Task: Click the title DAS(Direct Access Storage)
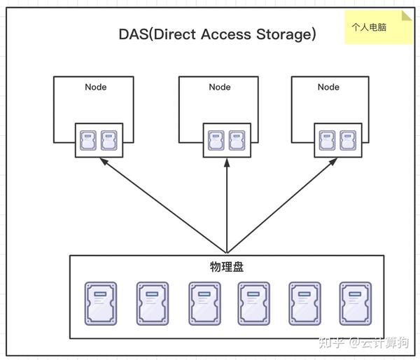pyautogui.click(x=217, y=34)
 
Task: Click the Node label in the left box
pyautogui.click(x=96, y=88)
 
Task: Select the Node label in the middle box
pyautogui.click(x=219, y=88)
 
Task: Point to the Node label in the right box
pyautogui.click(x=328, y=88)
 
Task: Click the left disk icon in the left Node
pyautogui.click(x=87, y=140)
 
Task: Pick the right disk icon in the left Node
pyautogui.click(x=108, y=140)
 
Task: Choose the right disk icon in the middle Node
pyautogui.click(x=236, y=140)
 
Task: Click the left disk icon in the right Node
pyautogui.click(x=326, y=140)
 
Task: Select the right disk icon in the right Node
pyautogui.click(x=347, y=140)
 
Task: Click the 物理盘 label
pyautogui.click(x=227, y=267)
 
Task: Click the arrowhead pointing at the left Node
pyautogui.click(x=103, y=161)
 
